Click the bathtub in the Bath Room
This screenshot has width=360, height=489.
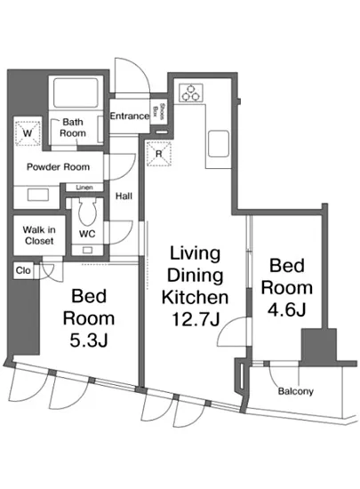coord(76,92)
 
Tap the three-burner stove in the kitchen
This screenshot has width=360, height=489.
coord(191,93)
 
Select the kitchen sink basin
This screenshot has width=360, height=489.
coord(219,144)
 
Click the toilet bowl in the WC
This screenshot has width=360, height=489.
coord(87,212)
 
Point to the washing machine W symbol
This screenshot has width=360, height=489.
coord(28,133)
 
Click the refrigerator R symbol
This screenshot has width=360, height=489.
coord(159,154)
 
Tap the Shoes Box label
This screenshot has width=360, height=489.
coord(158,111)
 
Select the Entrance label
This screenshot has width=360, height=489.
coord(130,116)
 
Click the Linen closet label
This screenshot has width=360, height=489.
coord(84,188)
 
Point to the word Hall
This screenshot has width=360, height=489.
coord(124,196)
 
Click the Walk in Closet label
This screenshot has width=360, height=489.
coord(39,235)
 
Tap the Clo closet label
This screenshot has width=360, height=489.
coord(23,270)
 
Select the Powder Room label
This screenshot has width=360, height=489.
coord(59,167)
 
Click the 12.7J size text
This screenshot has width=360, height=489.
coord(196,319)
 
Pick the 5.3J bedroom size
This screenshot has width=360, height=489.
coord(89,340)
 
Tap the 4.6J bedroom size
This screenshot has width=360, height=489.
coord(287,309)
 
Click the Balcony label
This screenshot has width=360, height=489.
coord(295,391)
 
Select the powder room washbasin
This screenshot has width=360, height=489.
coord(37,196)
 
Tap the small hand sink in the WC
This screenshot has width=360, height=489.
coord(87,250)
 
